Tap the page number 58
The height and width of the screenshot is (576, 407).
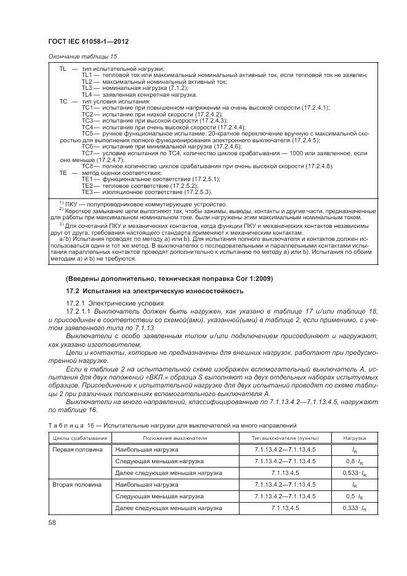click(52, 522)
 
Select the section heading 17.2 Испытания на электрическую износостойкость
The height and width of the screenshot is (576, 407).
click(155, 291)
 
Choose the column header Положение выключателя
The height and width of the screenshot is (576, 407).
click(175, 438)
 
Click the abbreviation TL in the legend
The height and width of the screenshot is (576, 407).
click(63, 69)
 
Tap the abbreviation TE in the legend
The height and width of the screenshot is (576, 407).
click(63, 173)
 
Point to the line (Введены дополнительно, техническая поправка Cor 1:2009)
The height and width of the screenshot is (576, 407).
click(169, 278)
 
